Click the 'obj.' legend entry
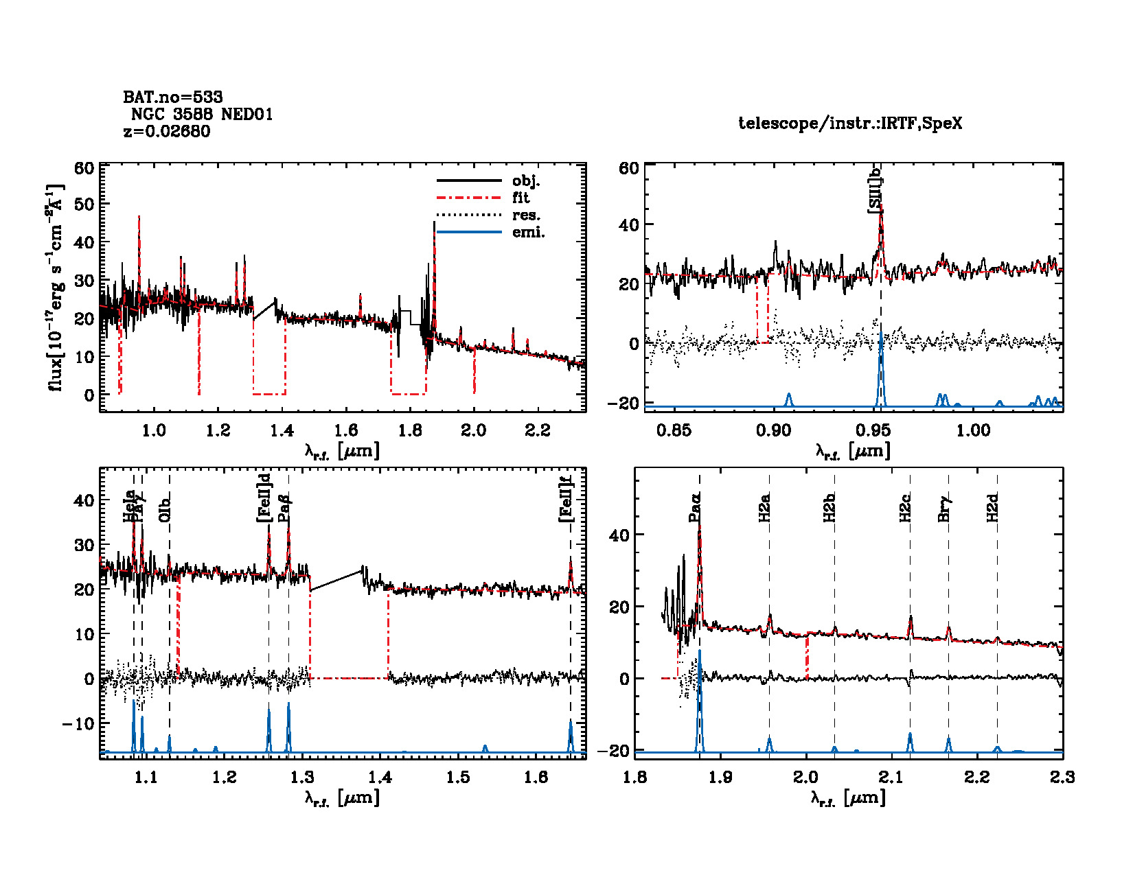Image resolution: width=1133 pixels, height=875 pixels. (526, 181)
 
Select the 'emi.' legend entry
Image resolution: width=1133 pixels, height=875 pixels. (528, 233)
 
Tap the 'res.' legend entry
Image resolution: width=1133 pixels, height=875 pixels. (526, 215)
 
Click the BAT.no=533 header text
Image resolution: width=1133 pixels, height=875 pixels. (173, 97)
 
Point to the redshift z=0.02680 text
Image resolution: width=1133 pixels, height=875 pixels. (167, 132)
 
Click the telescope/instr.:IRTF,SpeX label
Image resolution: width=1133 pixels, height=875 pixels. (850, 124)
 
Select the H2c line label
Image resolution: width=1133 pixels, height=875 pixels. (905, 508)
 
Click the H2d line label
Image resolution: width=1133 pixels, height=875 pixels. (992, 508)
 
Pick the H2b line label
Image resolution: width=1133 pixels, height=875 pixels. (829, 508)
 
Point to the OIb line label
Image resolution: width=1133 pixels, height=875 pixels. (165, 507)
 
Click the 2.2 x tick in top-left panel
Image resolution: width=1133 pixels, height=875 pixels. (538, 430)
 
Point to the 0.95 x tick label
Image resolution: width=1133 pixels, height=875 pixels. (873, 430)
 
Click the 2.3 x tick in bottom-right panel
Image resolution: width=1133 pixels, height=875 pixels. (1062, 777)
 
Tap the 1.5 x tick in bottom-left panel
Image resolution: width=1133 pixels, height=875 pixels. (458, 777)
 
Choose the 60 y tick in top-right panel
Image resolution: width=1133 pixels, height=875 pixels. (628, 168)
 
